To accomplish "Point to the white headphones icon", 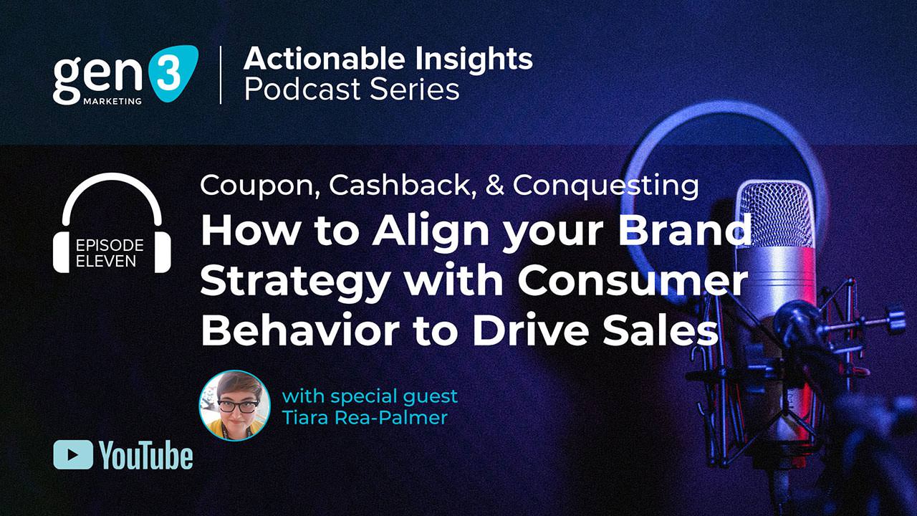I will coord(112,222).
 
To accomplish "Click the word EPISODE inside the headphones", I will coord(110,246).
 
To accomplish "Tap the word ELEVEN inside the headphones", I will coord(106,261).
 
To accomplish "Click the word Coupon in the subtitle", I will coord(259,186).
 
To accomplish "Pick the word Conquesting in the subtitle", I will coord(606,186).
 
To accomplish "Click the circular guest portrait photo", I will coord(234,404).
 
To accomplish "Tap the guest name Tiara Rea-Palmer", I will coord(365,417).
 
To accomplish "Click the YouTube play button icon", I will coord(73,455).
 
